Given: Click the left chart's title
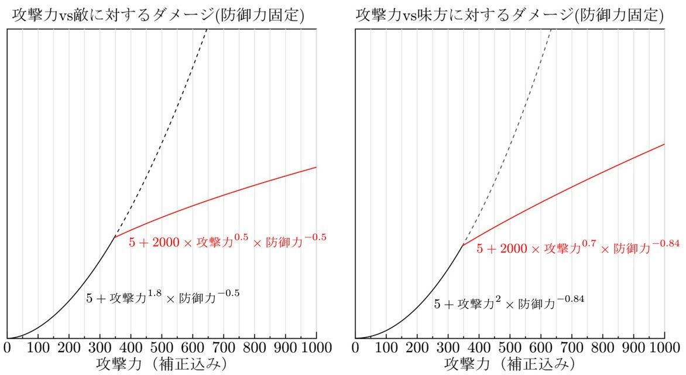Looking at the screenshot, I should (157, 14).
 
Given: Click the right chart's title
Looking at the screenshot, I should (509, 14).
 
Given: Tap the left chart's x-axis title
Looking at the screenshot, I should (160, 364).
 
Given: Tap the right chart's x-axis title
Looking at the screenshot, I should (509, 364).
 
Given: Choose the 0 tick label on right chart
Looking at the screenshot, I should (356, 347).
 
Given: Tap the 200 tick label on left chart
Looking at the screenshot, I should (68, 347).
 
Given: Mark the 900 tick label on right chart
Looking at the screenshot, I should (634, 347).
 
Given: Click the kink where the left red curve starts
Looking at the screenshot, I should (115, 237).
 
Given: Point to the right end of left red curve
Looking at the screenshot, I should (316, 167).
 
